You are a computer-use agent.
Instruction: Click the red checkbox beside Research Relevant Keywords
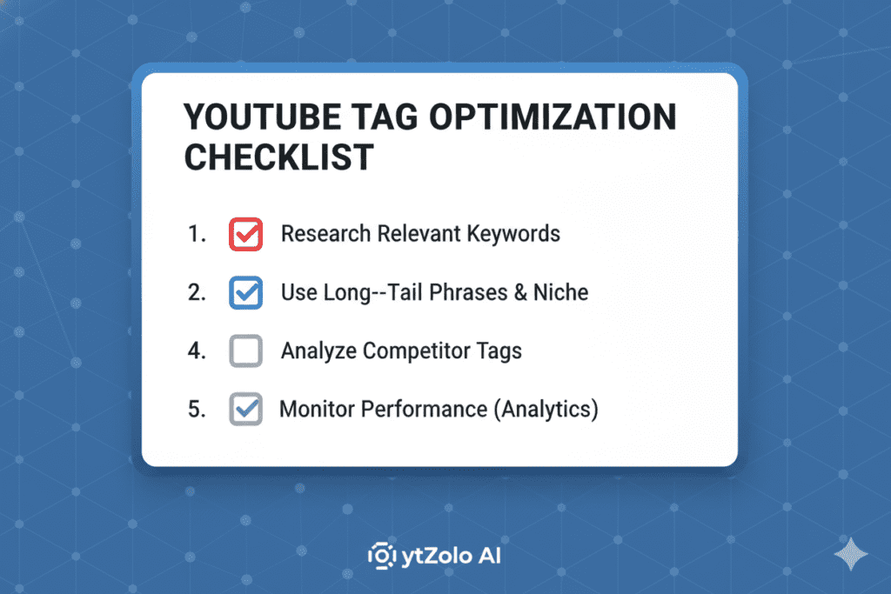[245, 234]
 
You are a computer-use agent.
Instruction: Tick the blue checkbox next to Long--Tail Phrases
[245, 292]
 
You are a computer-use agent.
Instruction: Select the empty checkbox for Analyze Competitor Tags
[245, 351]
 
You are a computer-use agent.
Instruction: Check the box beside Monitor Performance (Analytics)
[245, 410]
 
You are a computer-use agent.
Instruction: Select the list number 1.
[196, 234]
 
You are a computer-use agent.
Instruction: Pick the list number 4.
[196, 351]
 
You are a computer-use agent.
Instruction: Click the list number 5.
[196, 410]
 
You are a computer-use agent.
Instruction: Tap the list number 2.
[196, 292]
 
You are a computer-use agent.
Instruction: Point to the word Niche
[559, 292]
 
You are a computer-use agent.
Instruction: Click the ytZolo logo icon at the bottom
[380, 555]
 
